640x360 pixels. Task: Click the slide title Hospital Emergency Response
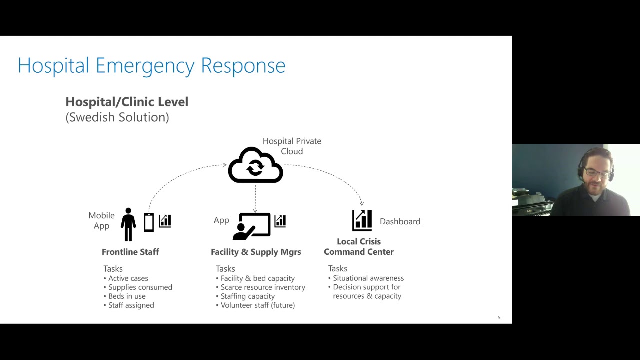click(x=151, y=65)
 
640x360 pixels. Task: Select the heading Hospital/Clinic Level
click(x=127, y=102)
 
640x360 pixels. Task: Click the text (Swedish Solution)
click(x=117, y=117)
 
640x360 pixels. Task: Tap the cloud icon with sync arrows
click(x=255, y=166)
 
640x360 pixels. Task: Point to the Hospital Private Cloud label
click(x=292, y=146)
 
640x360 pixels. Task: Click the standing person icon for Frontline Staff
click(x=128, y=225)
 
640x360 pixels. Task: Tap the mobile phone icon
click(x=149, y=222)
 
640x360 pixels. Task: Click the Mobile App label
click(x=101, y=220)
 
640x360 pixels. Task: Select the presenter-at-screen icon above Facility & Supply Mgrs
click(x=252, y=226)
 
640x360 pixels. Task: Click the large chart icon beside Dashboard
click(x=362, y=220)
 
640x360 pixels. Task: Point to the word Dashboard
click(x=400, y=221)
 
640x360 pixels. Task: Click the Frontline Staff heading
click(x=130, y=252)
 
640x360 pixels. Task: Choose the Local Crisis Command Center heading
click(x=359, y=247)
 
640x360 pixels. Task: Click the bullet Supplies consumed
click(x=140, y=287)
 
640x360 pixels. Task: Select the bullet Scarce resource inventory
click(x=263, y=287)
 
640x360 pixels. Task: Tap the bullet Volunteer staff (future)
click(x=258, y=305)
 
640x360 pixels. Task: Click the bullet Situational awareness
click(x=368, y=278)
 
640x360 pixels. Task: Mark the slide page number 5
click(x=499, y=318)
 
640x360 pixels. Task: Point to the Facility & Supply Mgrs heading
click(x=256, y=252)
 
